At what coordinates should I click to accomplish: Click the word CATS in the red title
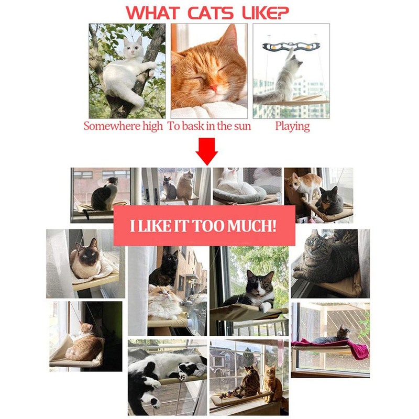tap(211, 13)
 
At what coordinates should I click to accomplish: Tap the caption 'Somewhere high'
tap(123, 126)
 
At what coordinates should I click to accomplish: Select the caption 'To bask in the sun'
tap(209, 126)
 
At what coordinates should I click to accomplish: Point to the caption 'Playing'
tap(292, 126)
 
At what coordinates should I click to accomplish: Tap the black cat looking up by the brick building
tap(164, 267)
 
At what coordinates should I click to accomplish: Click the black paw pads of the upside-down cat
tap(183, 376)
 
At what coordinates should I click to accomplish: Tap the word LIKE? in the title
tap(266, 13)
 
